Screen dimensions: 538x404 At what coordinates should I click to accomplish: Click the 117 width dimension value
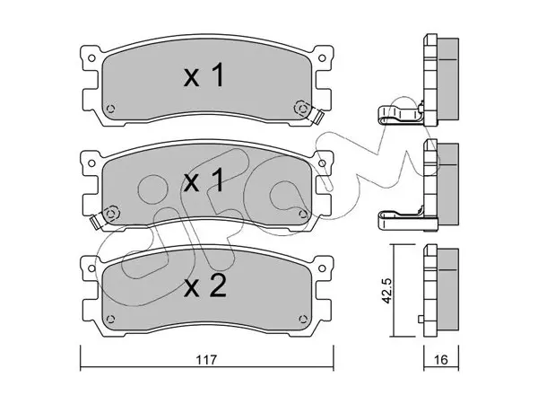tap(206, 360)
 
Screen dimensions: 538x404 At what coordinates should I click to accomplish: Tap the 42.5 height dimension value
tap(386, 291)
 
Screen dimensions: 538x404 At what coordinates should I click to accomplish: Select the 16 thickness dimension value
tap(441, 360)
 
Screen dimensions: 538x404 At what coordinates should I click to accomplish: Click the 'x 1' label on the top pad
tap(204, 75)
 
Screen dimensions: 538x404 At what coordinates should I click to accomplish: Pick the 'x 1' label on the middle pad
tap(204, 180)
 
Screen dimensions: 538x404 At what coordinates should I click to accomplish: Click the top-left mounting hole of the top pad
tap(91, 58)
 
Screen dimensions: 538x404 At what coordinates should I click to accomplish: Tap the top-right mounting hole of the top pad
tap(322, 58)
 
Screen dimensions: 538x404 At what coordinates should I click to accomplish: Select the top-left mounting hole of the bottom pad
tap(91, 268)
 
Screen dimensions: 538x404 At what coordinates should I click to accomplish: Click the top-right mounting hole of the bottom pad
tap(322, 268)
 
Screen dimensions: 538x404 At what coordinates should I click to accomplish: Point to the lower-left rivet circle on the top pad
tap(110, 109)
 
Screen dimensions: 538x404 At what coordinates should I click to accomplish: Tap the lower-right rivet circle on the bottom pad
tap(303, 319)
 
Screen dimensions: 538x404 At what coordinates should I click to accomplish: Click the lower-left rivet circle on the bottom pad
tap(110, 319)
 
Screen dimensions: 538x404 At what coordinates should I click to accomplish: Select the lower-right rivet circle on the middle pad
tap(303, 214)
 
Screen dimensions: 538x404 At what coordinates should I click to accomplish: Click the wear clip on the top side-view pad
tap(401, 114)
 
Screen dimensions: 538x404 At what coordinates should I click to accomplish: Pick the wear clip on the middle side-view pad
tap(401, 218)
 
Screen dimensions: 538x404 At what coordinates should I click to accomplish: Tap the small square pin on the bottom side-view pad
tap(421, 319)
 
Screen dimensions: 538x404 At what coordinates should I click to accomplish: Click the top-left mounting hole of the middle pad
tap(91, 163)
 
